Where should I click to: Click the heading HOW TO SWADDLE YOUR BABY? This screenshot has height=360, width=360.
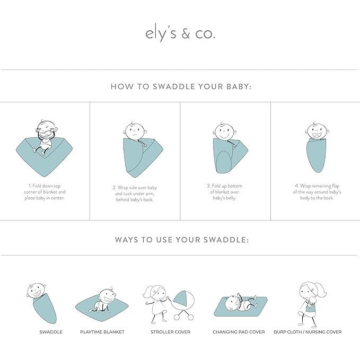(180, 86)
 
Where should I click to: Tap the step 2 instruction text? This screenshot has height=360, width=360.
(135, 194)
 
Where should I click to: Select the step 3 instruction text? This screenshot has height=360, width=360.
(225, 192)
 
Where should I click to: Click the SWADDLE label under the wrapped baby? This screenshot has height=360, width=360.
(51, 332)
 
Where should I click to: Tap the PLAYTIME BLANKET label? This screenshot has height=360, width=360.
(102, 332)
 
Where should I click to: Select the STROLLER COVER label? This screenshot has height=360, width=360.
(171, 332)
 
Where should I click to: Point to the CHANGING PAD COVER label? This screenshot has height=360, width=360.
(239, 332)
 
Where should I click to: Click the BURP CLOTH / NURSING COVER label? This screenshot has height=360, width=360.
(308, 332)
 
